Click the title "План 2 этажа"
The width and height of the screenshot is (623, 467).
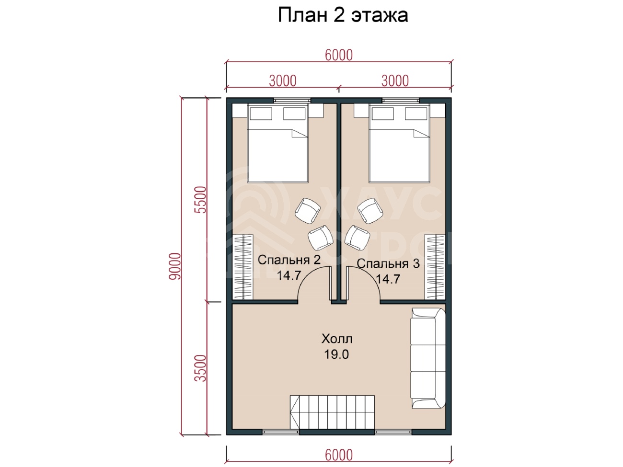[x=343, y=15]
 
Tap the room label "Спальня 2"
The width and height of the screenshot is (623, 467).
[x=289, y=260]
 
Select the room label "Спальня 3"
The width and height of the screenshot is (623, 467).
[x=388, y=264]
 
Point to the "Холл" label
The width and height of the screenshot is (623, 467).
[x=337, y=339]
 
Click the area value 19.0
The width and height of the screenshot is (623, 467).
[x=336, y=354]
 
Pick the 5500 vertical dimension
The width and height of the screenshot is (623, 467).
[x=200, y=200]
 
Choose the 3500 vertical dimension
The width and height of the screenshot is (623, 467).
[x=200, y=368]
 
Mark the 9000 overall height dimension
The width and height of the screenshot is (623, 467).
[x=175, y=266]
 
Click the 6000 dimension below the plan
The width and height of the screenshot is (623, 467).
[x=339, y=455]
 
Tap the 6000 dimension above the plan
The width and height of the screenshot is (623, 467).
[x=339, y=55]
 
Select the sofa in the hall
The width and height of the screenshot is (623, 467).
[x=428, y=358]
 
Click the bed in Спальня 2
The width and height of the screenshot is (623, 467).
[x=278, y=143]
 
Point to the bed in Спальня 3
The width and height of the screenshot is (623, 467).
[x=399, y=143]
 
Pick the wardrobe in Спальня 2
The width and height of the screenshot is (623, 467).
[x=242, y=267]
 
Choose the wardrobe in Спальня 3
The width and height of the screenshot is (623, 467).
[x=435, y=267]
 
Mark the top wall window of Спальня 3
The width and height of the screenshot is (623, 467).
[x=401, y=101]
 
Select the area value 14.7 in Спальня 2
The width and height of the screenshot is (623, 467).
[x=289, y=275]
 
